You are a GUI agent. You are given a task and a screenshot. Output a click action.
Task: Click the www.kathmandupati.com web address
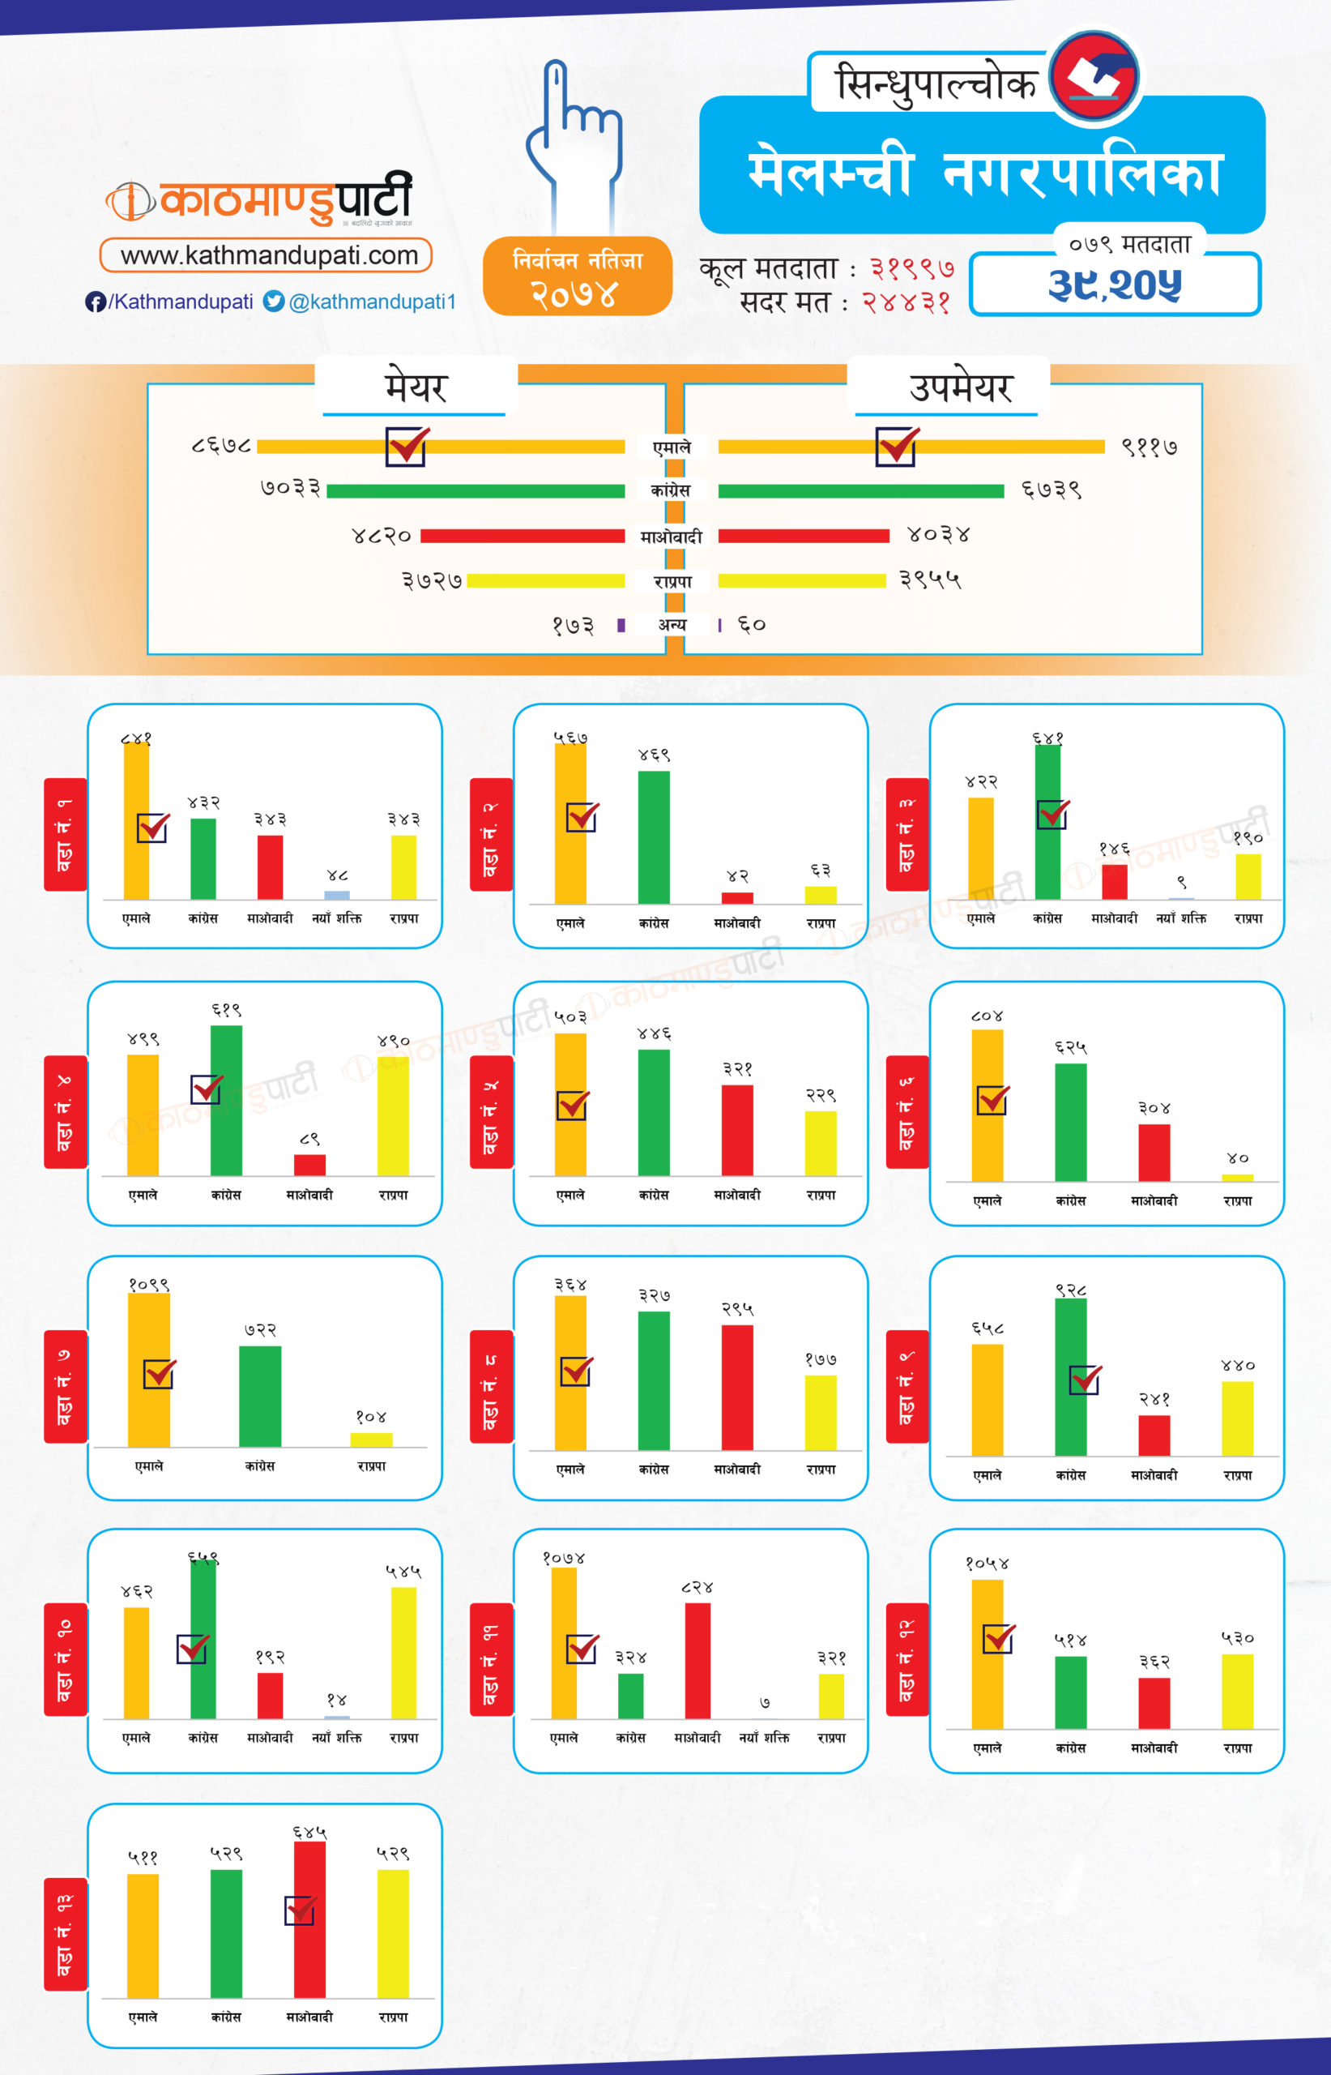click(x=269, y=255)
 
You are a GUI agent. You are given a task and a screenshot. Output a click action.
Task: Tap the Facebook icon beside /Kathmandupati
click(x=95, y=302)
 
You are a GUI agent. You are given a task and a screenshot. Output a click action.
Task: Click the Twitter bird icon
click(x=274, y=301)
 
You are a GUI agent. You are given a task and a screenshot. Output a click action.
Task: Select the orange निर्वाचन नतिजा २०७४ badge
click(x=578, y=276)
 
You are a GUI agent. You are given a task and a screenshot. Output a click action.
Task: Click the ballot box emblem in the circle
click(x=1094, y=76)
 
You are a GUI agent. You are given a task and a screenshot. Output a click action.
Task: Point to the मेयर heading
click(x=416, y=387)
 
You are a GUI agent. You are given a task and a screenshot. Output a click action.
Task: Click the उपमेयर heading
click(x=959, y=387)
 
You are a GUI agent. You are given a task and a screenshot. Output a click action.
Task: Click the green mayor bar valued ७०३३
click(x=476, y=491)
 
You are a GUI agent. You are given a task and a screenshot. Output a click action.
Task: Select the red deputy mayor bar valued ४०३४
click(x=804, y=536)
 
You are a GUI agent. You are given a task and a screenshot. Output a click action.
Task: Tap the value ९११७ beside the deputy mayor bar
click(x=1149, y=447)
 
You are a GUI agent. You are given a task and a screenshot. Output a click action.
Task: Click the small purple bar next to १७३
click(x=621, y=625)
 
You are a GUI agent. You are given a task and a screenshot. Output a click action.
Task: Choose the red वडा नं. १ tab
click(x=65, y=834)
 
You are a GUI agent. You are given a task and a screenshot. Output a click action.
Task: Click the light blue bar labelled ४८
click(x=337, y=895)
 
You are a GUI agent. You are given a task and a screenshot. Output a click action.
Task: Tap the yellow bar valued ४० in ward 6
click(x=1237, y=1178)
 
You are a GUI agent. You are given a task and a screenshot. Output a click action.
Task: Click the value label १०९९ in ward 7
click(x=149, y=1285)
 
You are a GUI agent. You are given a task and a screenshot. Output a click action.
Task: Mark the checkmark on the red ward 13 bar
click(x=300, y=1910)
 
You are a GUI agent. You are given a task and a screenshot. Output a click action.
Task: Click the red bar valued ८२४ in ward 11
click(x=697, y=1660)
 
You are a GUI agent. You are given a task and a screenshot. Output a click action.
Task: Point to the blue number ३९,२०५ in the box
click(x=1114, y=285)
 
